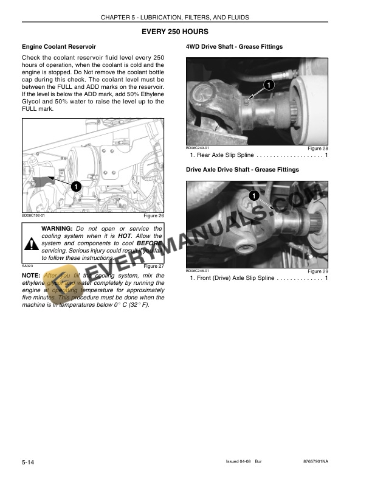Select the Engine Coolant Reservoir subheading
59,47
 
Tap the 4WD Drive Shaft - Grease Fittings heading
234,47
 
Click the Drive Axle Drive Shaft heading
242,169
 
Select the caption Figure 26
153,215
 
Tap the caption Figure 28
318,148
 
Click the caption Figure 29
318,271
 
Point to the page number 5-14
28,464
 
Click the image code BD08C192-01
33,215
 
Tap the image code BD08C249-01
198,148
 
